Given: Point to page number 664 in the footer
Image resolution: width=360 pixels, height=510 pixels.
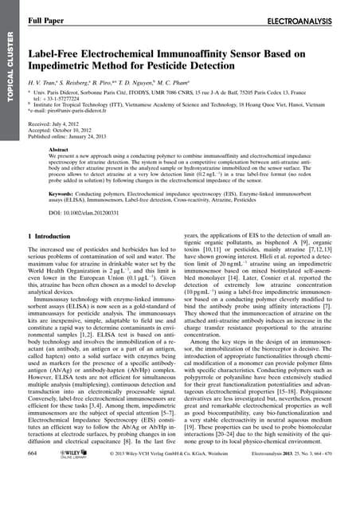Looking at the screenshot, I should point(33,496).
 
